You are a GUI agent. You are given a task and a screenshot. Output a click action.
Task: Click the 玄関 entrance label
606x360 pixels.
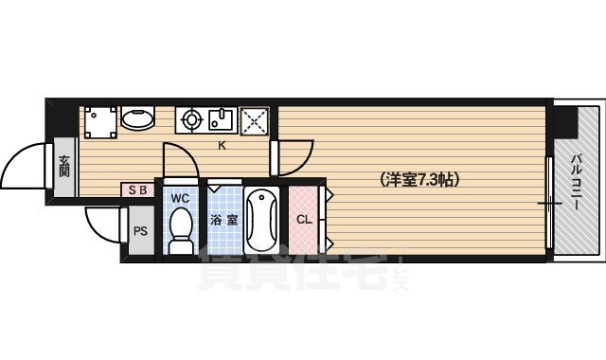point(64,167)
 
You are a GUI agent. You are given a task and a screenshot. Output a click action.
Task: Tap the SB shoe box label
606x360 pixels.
point(137,189)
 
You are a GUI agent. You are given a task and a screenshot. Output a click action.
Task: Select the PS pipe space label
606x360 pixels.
point(140,230)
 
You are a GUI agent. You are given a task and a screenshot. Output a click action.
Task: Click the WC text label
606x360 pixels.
point(181,198)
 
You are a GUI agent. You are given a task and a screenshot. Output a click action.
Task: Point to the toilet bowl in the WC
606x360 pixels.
point(180,230)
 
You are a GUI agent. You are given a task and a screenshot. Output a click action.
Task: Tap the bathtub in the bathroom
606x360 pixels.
point(261,220)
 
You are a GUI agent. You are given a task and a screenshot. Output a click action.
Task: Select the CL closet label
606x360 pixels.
point(304,220)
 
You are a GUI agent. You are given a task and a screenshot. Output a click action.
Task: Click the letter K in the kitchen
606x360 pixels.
point(223,145)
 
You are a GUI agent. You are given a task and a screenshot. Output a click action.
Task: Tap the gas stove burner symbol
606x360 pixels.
point(191,120)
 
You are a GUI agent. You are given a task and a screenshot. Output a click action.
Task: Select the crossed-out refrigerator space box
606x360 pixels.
point(255,120)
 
